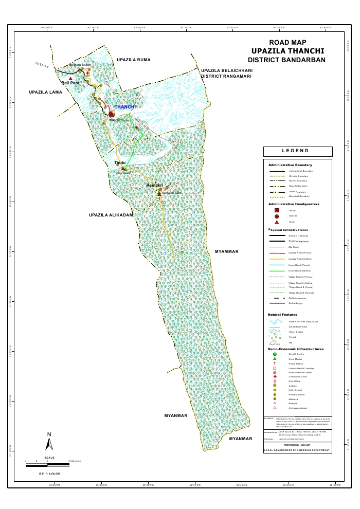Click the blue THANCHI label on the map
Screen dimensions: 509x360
(x=125, y=107)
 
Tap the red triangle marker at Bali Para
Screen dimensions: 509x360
(x=70, y=79)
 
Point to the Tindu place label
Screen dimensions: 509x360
(x=119, y=163)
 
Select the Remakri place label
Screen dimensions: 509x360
(x=154, y=185)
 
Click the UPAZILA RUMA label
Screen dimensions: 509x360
(x=133, y=60)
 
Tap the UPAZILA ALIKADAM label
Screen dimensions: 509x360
(x=111, y=215)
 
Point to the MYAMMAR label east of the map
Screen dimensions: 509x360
(x=226, y=252)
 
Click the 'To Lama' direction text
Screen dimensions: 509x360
(x=41, y=64)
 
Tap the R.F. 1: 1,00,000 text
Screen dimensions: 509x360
(x=49, y=473)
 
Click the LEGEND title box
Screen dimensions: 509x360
(x=298, y=151)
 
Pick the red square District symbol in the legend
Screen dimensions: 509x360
(x=277, y=210)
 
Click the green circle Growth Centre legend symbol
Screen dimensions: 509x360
(x=275, y=355)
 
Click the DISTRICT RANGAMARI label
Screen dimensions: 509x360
(x=226, y=76)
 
